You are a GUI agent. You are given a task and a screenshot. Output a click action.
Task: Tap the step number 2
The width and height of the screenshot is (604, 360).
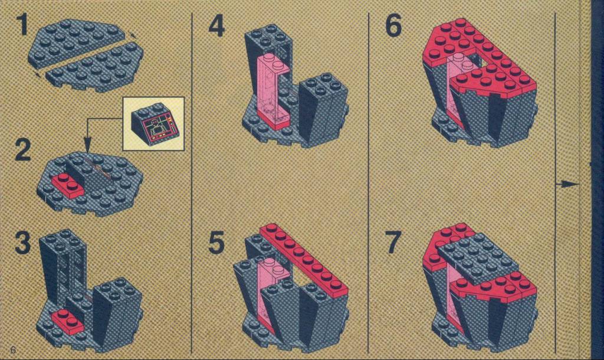click(23, 150)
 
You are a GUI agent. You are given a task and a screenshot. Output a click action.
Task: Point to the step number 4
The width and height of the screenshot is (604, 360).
click(216, 26)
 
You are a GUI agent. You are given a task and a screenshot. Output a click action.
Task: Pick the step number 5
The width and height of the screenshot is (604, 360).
click(216, 242)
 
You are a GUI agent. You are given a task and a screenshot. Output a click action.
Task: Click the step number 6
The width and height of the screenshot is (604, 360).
click(393, 26)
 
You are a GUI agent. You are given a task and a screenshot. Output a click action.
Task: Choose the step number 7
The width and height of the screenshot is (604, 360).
click(393, 242)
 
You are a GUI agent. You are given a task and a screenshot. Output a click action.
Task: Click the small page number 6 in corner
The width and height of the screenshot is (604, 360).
click(14, 350)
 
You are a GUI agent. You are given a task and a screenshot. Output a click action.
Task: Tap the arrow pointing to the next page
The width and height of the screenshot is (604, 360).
click(567, 184)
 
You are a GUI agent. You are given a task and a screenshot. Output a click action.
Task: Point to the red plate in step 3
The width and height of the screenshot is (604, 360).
click(67, 322)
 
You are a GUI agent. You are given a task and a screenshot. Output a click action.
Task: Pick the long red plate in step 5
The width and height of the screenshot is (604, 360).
click(304, 260)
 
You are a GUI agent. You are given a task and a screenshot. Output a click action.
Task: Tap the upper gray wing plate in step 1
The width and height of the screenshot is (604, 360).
click(77, 42)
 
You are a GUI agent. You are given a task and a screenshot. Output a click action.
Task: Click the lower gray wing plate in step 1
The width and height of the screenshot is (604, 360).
click(95, 67)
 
